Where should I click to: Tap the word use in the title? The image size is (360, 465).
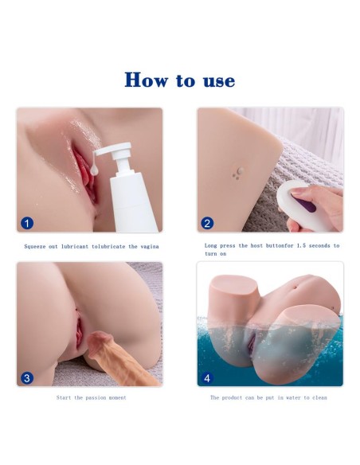[x=219, y=81]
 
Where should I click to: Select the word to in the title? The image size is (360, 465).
[x=186, y=80]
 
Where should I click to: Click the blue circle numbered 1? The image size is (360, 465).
[x=27, y=223]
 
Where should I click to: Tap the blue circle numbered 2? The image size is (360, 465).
[x=207, y=223]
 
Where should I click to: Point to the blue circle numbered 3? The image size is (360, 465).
[x=27, y=378]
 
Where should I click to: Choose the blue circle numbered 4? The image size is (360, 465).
[x=207, y=378]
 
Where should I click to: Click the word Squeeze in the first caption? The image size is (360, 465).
[x=35, y=247]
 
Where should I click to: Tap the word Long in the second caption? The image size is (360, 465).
[x=211, y=245]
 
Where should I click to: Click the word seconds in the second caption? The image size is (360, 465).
[x=319, y=245]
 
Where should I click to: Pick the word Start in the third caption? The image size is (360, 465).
[x=64, y=397]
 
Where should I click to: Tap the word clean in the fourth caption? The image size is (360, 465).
[x=319, y=397]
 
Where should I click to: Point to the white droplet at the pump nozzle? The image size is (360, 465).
[x=95, y=170]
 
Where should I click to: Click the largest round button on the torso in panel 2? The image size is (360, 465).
[x=241, y=170]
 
